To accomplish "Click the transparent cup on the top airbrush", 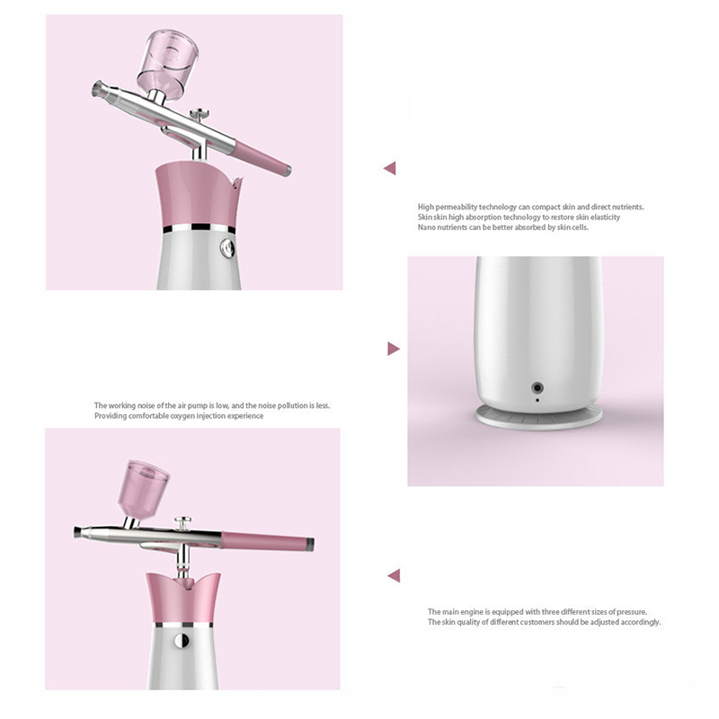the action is (168, 64).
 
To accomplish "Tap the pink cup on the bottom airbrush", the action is (144, 489).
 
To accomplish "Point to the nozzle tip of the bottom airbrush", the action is (79, 532).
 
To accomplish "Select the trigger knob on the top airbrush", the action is (200, 114).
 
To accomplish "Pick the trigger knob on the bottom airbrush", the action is (182, 522).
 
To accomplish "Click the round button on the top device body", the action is (227, 248).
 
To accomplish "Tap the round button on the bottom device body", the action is (182, 640).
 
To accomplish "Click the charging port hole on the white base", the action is (537, 388).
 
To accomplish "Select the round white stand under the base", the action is (538, 416).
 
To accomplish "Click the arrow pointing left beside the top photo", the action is (390, 168).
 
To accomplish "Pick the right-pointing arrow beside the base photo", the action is (394, 349).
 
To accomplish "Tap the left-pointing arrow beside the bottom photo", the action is (394, 575).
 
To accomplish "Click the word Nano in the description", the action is (426, 227).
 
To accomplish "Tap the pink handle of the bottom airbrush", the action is (268, 541).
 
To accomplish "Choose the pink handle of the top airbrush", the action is (262, 158).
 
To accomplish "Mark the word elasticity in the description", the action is (605, 217).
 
